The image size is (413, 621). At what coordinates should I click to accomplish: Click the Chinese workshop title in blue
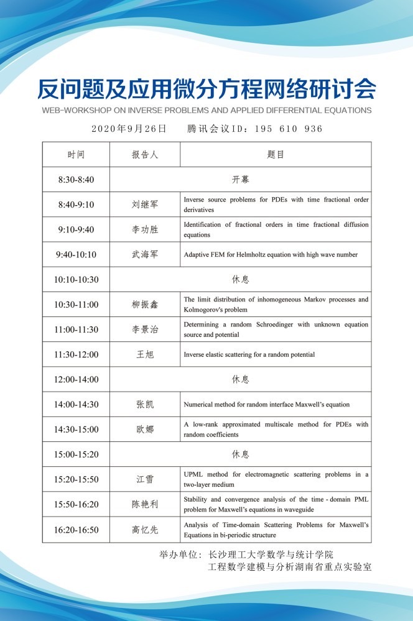pos(206,90)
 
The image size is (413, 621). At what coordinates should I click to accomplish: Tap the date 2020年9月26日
pos(129,129)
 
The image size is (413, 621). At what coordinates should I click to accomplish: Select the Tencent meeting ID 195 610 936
pos(255,129)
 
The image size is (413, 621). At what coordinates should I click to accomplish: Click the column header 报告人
pos(145,155)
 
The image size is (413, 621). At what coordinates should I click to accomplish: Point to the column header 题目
pos(276,155)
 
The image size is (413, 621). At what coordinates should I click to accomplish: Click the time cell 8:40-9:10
pos(76,205)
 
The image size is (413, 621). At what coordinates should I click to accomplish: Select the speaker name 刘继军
pos(145,205)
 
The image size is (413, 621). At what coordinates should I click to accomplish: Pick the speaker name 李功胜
pos(145,229)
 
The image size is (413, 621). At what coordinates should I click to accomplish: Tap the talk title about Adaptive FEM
pos(271,254)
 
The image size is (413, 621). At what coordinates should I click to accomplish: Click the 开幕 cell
pos(241,180)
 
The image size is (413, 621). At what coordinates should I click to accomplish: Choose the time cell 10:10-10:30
pos(76,280)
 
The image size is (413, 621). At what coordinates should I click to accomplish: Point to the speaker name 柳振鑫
pos(145,305)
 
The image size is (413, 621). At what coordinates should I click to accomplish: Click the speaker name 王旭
pos(145,354)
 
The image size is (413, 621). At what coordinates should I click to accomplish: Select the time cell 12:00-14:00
pos(76,379)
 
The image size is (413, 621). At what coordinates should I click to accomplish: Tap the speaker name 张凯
pos(145,404)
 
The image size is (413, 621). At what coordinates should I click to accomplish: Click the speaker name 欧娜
pos(145,430)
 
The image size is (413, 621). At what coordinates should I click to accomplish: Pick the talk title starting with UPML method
pos(276,479)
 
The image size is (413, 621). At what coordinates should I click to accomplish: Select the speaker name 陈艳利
pos(145,504)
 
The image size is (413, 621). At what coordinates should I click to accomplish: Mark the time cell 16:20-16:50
pos(76,530)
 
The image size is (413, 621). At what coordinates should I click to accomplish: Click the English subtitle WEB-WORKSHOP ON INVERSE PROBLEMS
pos(206,111)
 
